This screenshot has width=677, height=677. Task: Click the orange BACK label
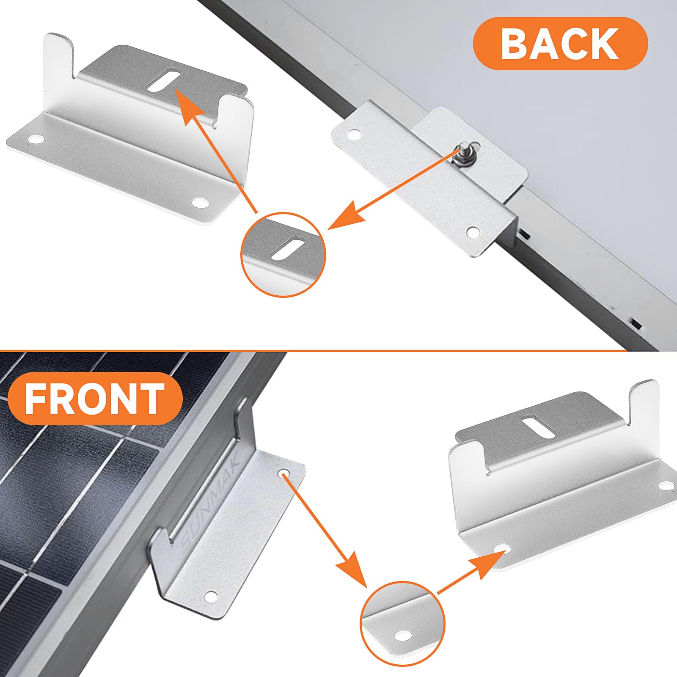tap(560, 43)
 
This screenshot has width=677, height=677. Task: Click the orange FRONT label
tap(95, 399)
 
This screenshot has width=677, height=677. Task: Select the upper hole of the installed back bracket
tap(354, 135)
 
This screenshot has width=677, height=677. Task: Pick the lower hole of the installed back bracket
tap(473, 231)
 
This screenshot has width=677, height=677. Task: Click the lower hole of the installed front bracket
tap(210, 597)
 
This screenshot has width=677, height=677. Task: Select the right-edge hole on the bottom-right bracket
tap(666, 485)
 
